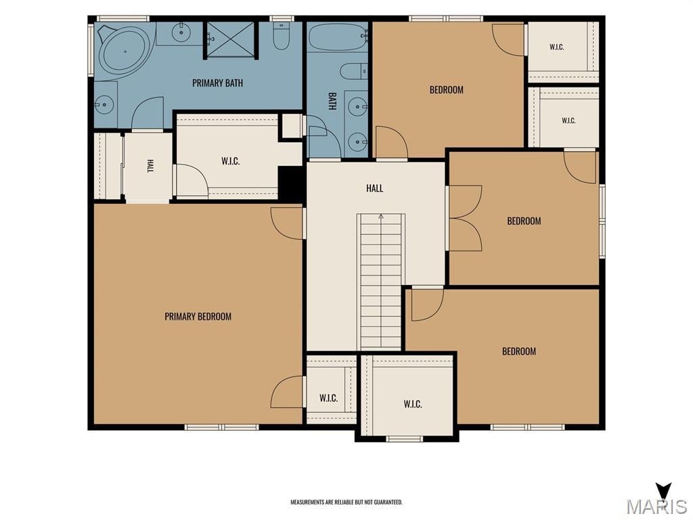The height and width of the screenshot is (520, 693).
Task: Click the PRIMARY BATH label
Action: [217, 83]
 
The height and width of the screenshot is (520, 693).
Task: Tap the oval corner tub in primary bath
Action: [125, 51]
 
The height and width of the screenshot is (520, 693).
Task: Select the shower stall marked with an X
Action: [230, 39]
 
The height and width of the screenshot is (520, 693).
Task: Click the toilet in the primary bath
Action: [281, 35]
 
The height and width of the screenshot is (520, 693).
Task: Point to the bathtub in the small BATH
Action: [338, 38]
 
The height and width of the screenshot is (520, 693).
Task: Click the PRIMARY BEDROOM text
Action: [198, 317]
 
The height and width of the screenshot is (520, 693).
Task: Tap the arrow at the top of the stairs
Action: [381, 217]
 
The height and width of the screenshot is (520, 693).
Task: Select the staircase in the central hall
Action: [381, 282]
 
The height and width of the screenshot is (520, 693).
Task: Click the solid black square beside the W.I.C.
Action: [290, 183]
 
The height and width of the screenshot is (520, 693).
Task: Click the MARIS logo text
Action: [656, 506]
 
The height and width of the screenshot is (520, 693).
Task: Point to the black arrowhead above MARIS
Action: [664, 491]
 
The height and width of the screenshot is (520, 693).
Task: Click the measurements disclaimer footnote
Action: [346, 502]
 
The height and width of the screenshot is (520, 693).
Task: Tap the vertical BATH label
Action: [332, 101]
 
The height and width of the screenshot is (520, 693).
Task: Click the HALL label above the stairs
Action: [374, 188]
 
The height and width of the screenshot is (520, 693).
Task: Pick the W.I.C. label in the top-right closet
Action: [556, 47]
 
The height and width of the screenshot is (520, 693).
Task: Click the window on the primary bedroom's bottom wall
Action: [221, 427]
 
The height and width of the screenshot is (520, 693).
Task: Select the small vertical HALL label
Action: [150, 166]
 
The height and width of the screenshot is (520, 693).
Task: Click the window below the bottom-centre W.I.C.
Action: [405, 439]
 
